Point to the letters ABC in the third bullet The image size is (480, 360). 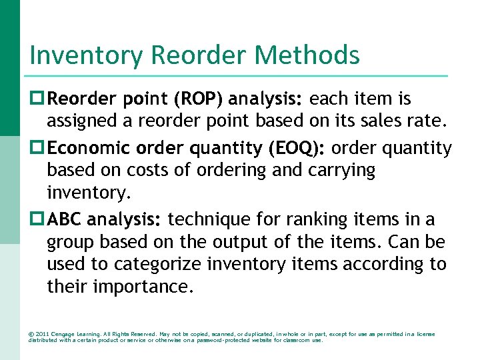coord(65,219)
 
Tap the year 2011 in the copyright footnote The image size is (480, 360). coord(42,334)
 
